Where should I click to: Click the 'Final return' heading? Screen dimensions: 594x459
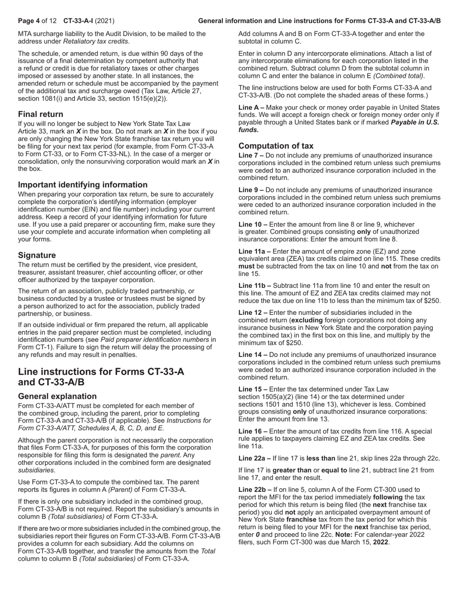[x=41, y=114]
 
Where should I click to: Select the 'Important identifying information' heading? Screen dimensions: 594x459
[x=83, y=185]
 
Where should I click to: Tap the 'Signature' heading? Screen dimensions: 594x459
[x=37, y=255]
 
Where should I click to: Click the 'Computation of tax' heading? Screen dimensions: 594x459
[x=276, y=146]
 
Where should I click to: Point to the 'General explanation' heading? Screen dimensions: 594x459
[x=57, y=396]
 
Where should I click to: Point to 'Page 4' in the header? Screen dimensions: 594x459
[x=29, y=21]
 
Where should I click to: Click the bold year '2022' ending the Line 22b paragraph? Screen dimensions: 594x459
[x=381, y=542]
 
